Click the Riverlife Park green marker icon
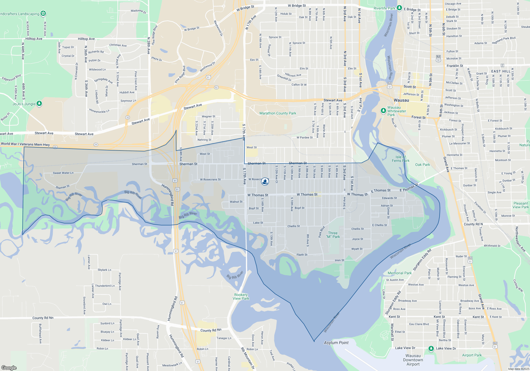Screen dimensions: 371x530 pos(399,8)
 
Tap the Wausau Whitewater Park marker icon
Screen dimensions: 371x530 pos(383,111)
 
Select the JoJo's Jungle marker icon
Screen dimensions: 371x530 pos(39,103)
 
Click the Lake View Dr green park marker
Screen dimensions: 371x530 pos(431,348)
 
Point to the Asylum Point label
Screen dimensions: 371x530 pos(336,343)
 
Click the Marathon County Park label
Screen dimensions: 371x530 pos(278,113)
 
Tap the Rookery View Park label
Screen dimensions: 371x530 pos(241,297)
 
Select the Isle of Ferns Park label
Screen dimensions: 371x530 pos(401,159)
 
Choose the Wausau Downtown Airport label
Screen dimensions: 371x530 pos(413,360)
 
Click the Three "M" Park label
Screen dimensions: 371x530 pos(333,235)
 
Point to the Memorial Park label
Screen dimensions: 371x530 pos(400,273)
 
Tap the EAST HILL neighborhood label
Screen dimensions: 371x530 pos(501,71)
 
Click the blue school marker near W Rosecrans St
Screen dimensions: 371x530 pos(265,181)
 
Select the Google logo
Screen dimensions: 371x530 pos(9,368)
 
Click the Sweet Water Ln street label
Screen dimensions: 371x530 pos(63,173)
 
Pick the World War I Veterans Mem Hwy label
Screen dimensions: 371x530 pos(25,144)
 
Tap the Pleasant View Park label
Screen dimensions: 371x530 pos(521,205)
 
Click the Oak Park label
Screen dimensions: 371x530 pos(422,165)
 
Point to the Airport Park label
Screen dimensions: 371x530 pos(472,355)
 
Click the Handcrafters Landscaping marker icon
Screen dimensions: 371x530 pos(43,13)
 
